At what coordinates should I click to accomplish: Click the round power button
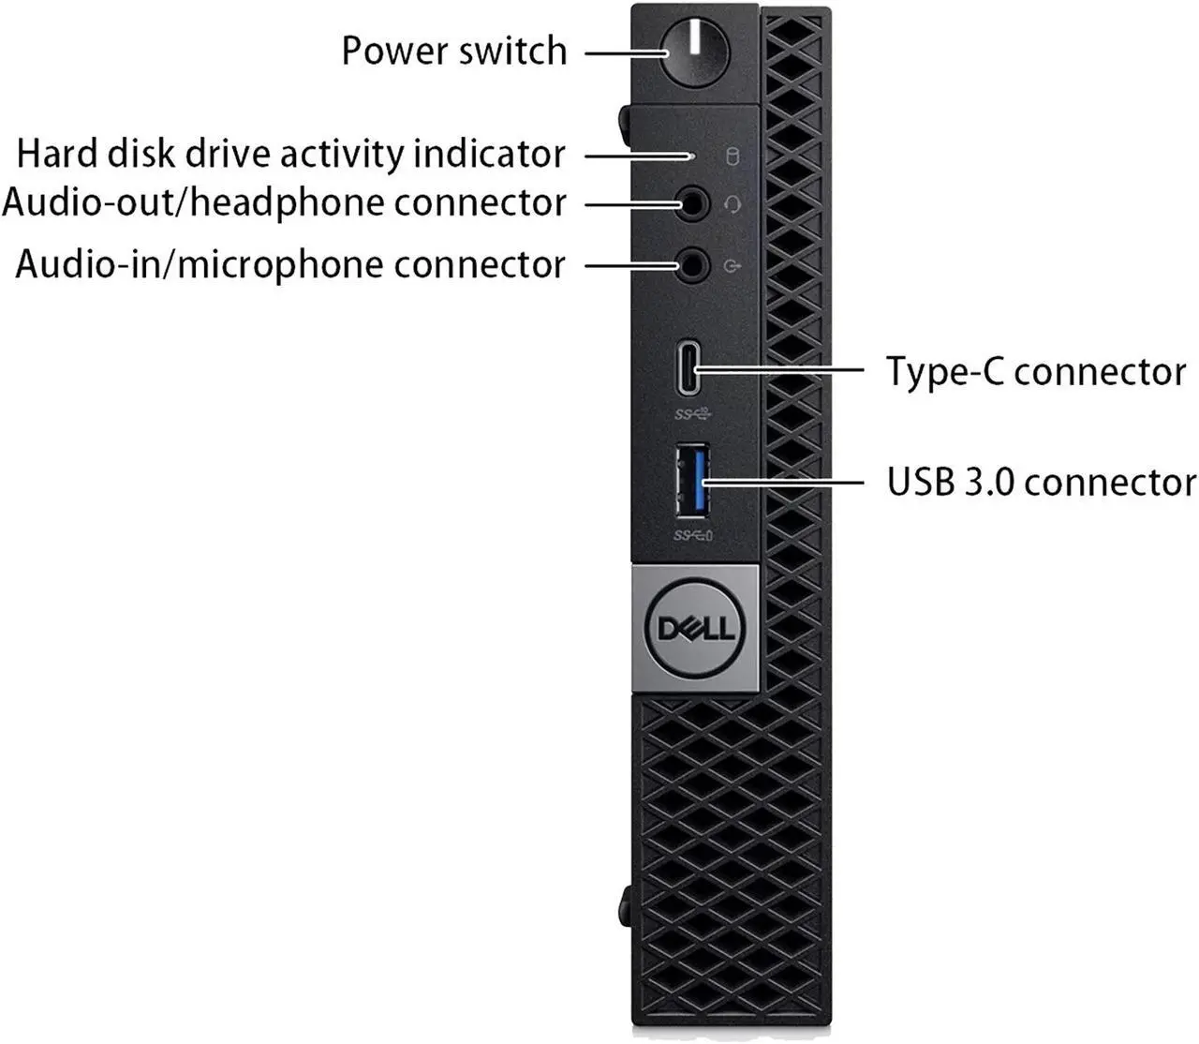[694, 52]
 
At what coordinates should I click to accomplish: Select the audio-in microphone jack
[693, 265]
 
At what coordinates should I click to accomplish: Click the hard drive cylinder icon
[733, 156]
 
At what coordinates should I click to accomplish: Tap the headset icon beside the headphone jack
[733, 203]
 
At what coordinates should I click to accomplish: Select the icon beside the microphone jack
[733, 266]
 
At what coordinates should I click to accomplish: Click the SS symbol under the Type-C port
[692, 413]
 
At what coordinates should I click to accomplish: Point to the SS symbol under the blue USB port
[693, 536]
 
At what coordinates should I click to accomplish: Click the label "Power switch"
[454, 51]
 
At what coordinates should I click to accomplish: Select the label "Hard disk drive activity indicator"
[291, 154]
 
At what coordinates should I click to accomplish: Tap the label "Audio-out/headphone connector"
[285, 202]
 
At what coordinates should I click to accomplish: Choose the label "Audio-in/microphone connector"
[290, 264]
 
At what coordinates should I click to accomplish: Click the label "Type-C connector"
[1036, 371]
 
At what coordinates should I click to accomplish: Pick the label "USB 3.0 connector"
[1041, 483]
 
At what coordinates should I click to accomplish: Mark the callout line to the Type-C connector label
[787, 370]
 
